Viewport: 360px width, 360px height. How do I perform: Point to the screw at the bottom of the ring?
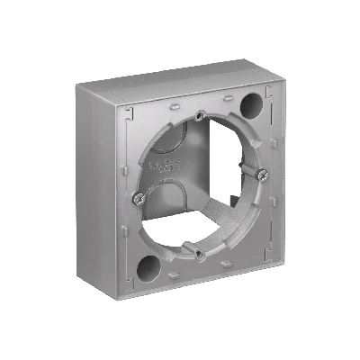coord(201,255)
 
